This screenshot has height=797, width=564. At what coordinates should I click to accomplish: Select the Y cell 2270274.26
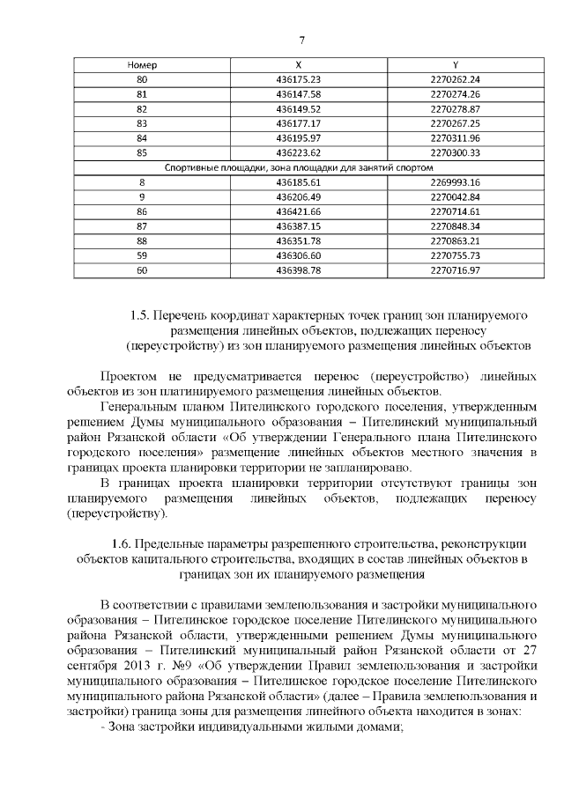(455, 93)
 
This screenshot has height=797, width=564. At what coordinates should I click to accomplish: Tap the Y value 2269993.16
(455, 181)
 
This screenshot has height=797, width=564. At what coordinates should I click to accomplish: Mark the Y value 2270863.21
(455, 240)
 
